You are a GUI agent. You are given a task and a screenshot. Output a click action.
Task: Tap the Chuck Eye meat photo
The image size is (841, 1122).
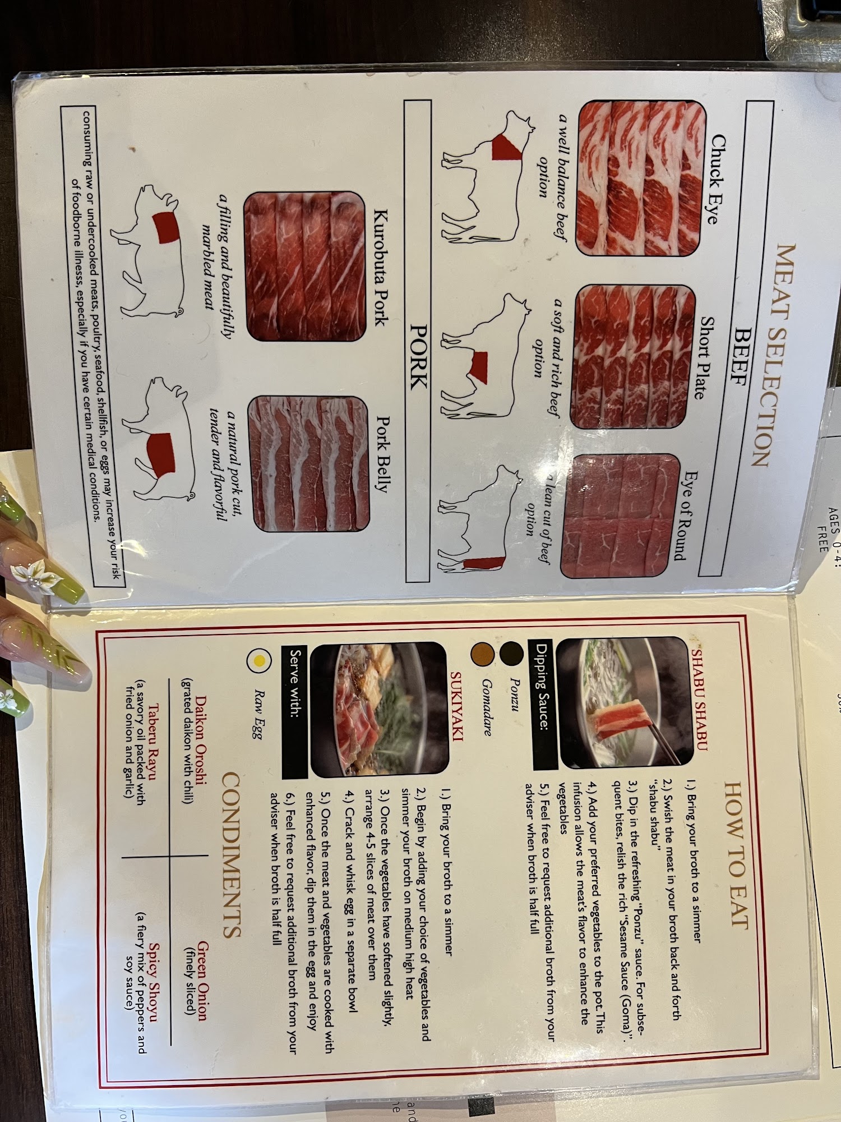pos(640,178)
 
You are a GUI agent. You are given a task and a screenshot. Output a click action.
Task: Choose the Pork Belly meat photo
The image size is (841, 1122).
pos(311,464)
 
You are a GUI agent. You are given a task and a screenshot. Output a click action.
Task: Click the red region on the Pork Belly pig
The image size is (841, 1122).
pos(161,454)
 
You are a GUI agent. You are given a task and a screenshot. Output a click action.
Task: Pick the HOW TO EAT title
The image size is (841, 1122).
pos(736,856)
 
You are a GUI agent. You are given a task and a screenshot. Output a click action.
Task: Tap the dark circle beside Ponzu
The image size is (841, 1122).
pos(511,652)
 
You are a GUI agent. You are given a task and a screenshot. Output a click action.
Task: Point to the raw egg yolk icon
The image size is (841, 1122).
pos(260,661)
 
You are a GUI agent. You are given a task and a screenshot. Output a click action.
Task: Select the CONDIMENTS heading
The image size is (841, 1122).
pos(232,855)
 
